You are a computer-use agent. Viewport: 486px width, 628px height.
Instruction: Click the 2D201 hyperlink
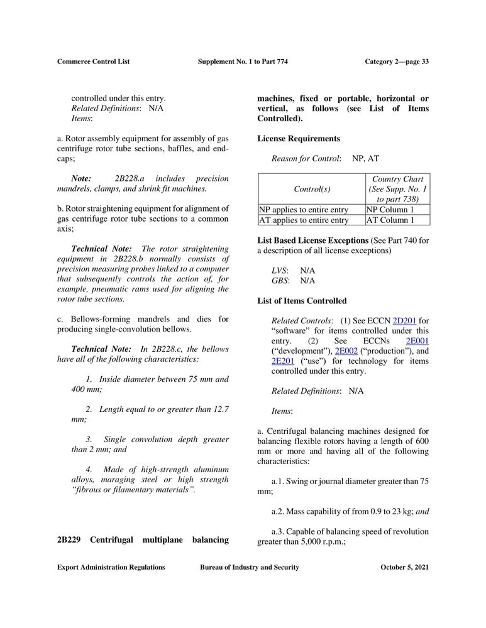pos(404,320)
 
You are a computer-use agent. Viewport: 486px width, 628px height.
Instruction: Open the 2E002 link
pos(346,350)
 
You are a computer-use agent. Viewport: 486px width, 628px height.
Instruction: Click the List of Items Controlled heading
pos(302,301)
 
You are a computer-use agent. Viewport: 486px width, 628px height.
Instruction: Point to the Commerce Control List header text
pos(93,62)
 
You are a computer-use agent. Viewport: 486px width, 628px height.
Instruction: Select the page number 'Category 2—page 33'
pos(397,62)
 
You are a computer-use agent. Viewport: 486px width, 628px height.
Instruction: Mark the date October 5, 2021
pos(405,567)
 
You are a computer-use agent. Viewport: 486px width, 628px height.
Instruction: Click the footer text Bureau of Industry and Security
pos(250,567)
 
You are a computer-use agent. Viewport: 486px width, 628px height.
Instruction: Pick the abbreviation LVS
pos(280,271)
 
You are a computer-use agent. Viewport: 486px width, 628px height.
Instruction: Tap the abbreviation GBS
pos(280,281)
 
